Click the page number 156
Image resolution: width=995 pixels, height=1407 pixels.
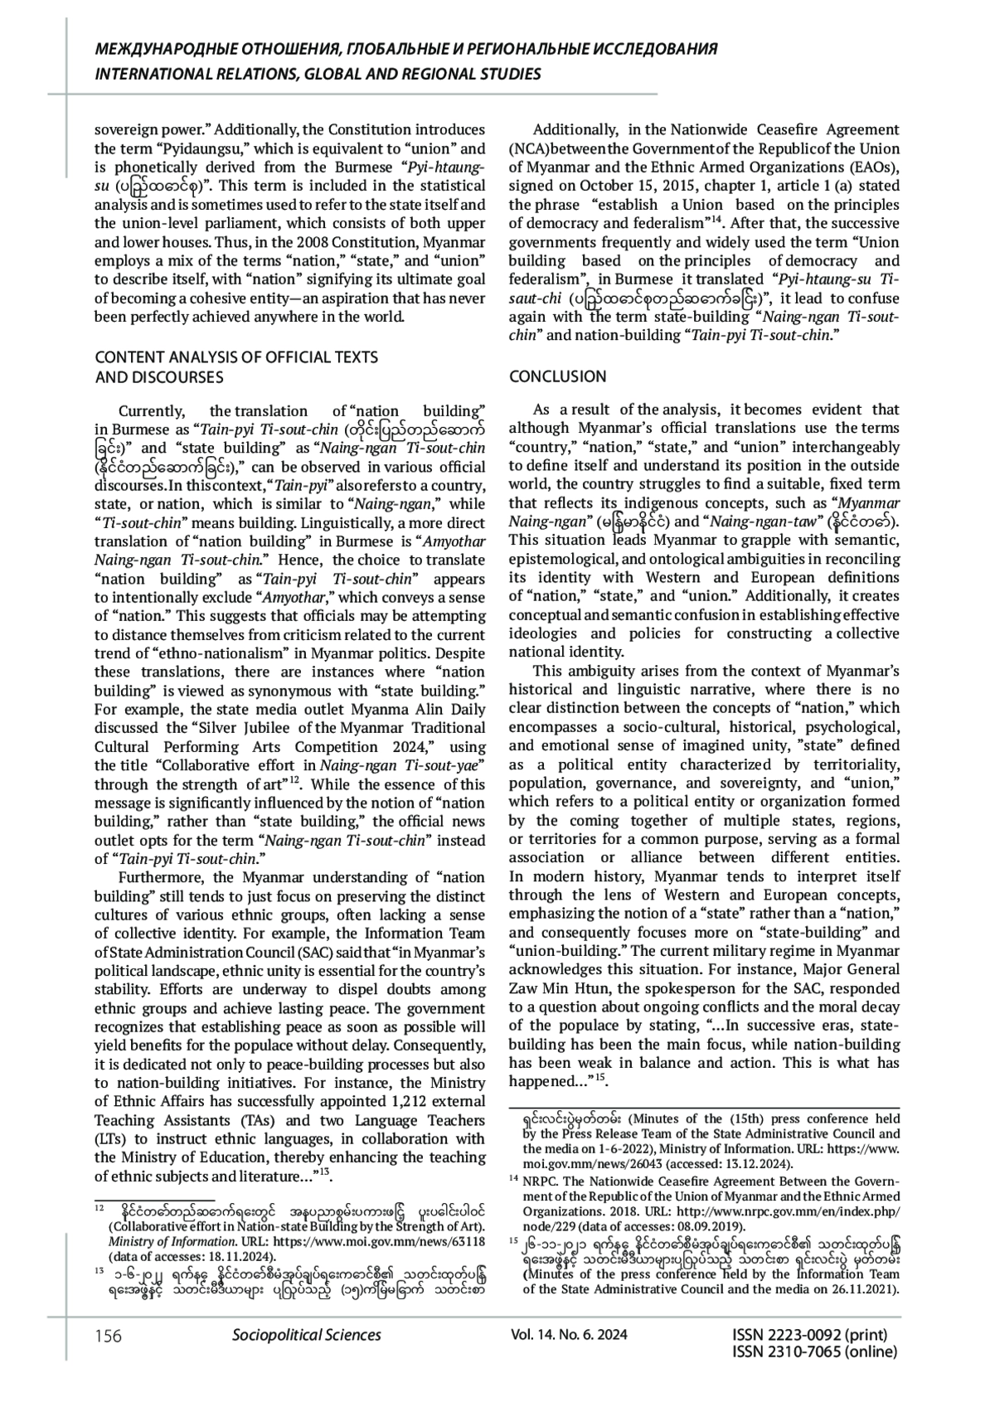108,1335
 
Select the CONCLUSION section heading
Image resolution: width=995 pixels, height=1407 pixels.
557,376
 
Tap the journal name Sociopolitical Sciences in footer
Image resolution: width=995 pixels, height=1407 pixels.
307,1334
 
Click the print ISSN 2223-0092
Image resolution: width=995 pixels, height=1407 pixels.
809,1334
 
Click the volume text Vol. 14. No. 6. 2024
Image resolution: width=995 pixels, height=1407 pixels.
570,1334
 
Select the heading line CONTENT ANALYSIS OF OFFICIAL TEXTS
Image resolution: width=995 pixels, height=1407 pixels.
236,357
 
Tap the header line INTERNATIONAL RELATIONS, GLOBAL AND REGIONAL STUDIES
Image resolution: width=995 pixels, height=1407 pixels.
318,74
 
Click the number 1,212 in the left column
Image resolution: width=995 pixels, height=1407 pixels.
415,1101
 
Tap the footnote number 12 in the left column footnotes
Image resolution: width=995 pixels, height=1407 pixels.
99,1208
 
